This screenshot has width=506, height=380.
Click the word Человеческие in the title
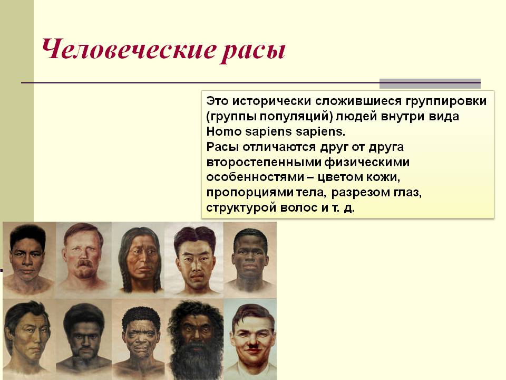click(x=129, y=50)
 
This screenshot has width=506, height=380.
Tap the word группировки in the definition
click(x=446, y=101)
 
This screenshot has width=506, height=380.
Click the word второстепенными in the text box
click(x=264, y=162)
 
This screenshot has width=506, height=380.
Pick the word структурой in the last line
click(x=241, y=208)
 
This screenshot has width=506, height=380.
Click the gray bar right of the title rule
click(x=430, y=83)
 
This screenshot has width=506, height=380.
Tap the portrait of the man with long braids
click(x=140, y=260)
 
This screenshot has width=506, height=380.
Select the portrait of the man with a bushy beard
click(x=195, y=339)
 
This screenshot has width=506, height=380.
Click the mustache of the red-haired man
click(x=84, y=263)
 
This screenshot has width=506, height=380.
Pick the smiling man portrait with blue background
click(x=250, y=339)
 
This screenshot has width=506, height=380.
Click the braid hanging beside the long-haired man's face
click(x=125, y=278)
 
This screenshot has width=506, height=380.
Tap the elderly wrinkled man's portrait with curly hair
click(x=140, y=339)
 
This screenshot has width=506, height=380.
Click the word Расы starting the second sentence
click(x=222, y=147)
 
